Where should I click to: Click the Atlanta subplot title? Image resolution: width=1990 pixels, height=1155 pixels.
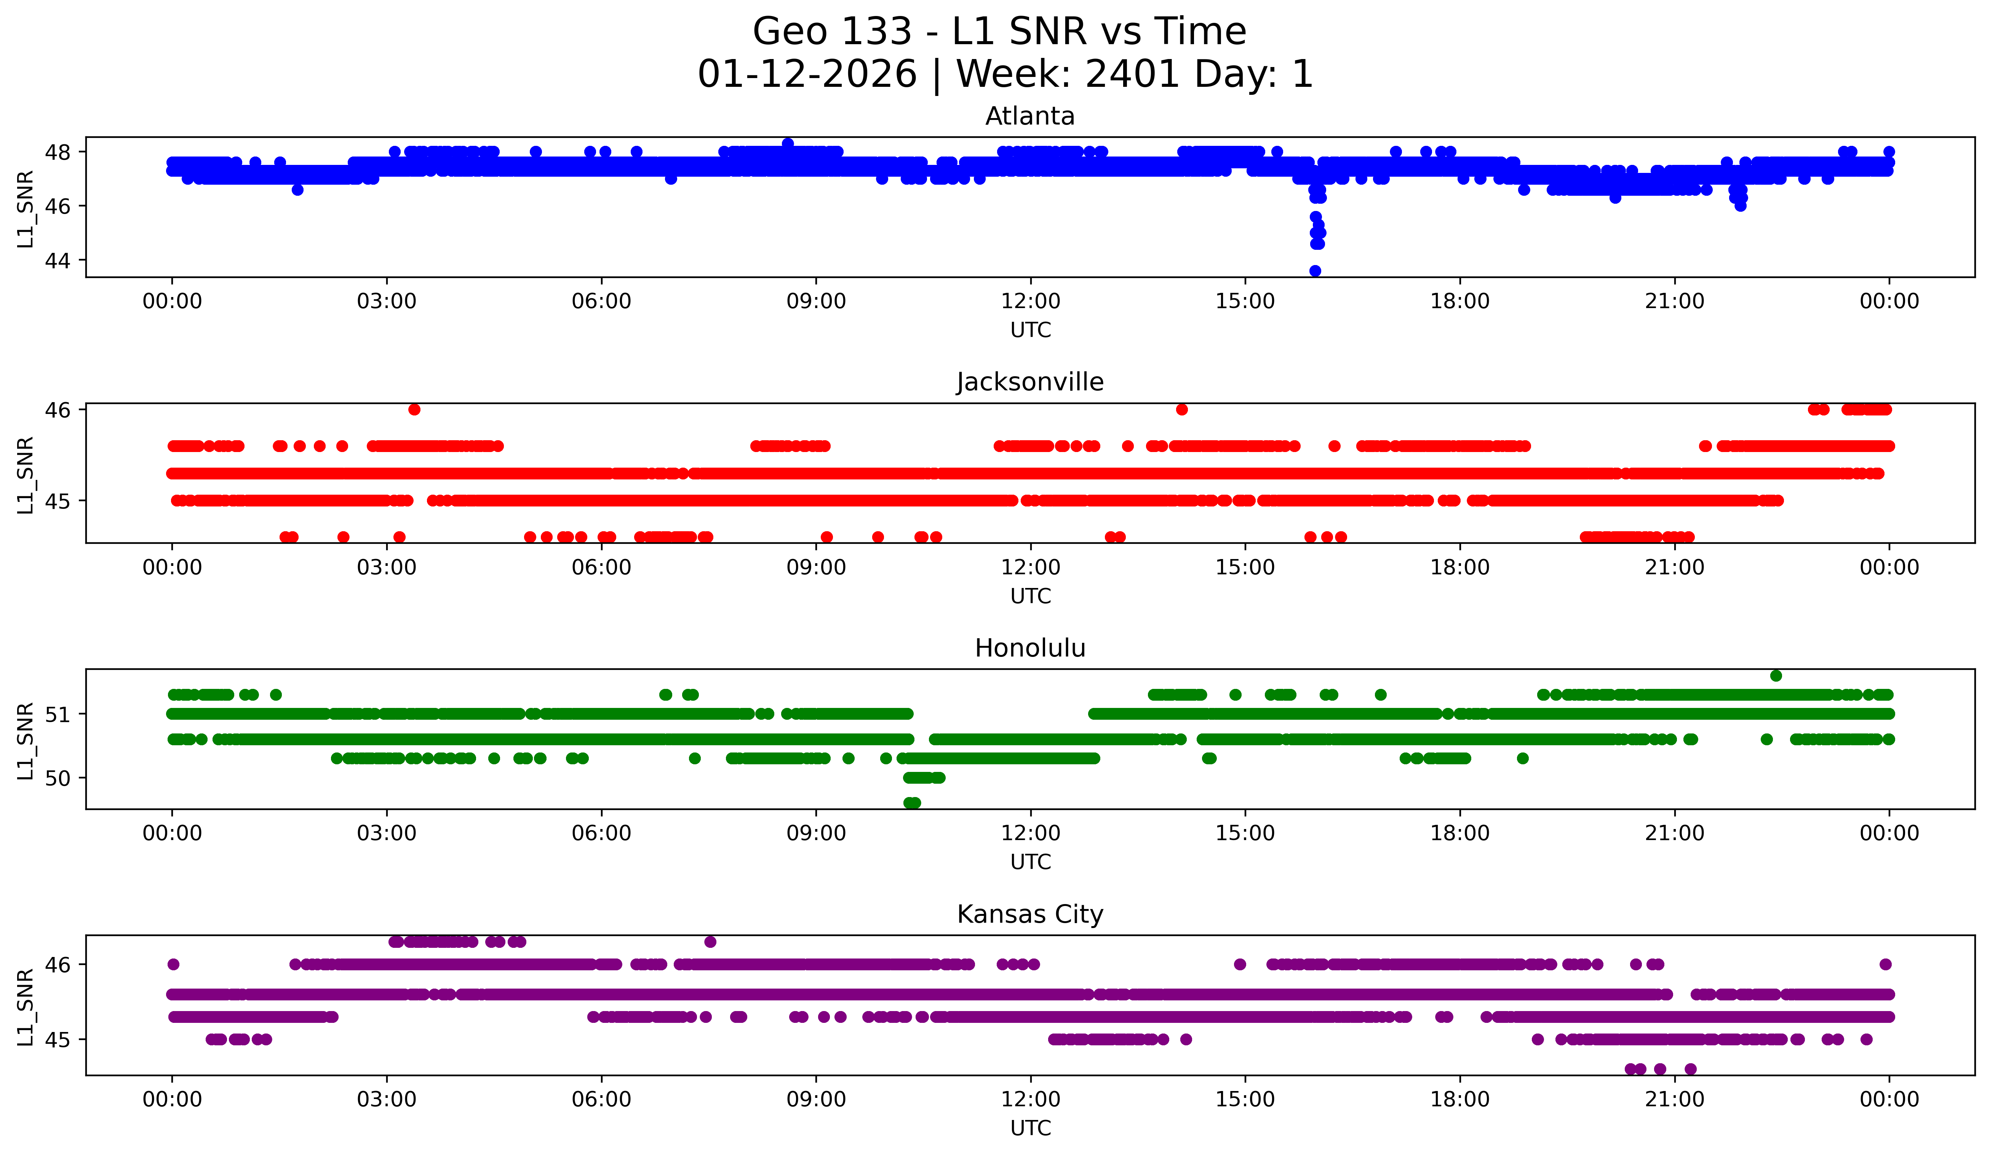[x=1030, y=116]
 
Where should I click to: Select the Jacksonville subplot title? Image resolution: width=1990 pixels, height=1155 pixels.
[x=1030, y=382]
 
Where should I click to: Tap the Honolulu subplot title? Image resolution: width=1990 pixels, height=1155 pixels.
[x=1030, y=648]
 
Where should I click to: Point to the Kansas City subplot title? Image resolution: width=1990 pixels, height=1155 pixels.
[x=1030, y=914]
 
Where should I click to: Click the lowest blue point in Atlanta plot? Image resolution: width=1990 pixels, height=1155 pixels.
[x=1315, y=271]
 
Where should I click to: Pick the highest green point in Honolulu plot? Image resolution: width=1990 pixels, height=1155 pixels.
[x=1776, y=676]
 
